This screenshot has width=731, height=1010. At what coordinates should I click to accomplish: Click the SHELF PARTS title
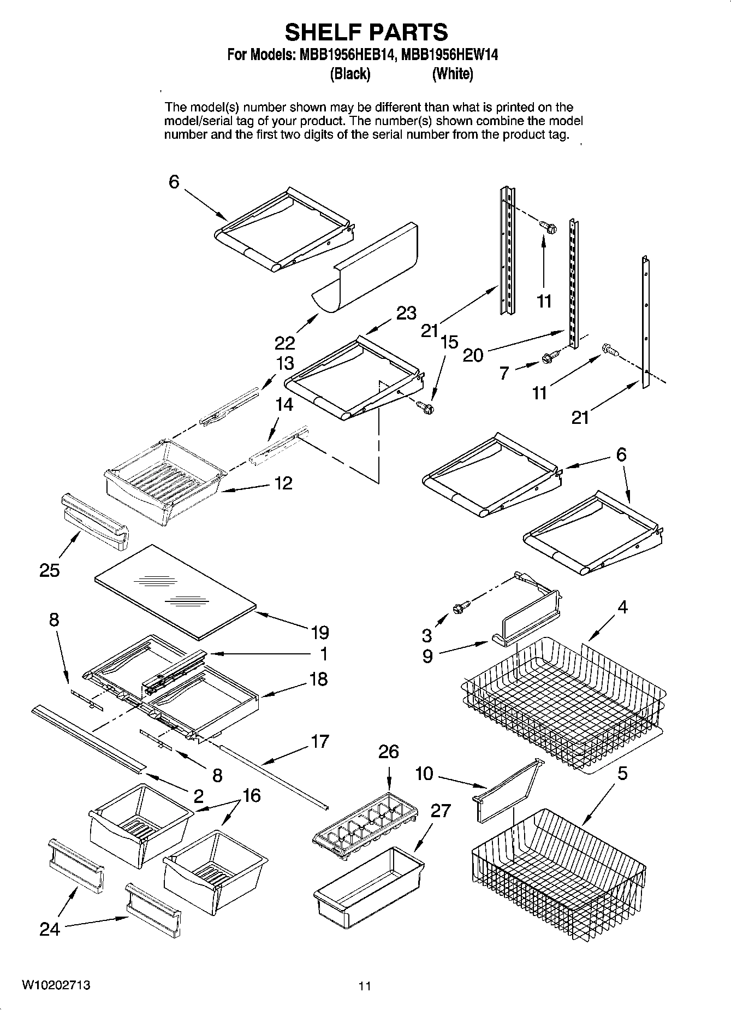click(x=366, y=32)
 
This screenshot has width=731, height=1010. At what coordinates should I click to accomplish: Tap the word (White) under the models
click(x=452, y=74)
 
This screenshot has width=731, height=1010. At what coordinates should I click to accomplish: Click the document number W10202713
click(x=56, y=985)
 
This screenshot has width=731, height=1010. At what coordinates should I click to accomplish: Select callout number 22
click(x=284, y=343)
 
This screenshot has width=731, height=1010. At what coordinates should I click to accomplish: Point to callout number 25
click(x=49, y=570)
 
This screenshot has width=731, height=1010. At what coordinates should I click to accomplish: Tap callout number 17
click(x=320, y=741)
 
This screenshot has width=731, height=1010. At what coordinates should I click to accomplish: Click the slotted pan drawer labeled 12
click(x=164, y=478)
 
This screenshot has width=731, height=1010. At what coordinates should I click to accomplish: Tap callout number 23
click(x=406, y=313)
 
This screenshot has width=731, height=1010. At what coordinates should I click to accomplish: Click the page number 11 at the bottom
click(x=365, y=986)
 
